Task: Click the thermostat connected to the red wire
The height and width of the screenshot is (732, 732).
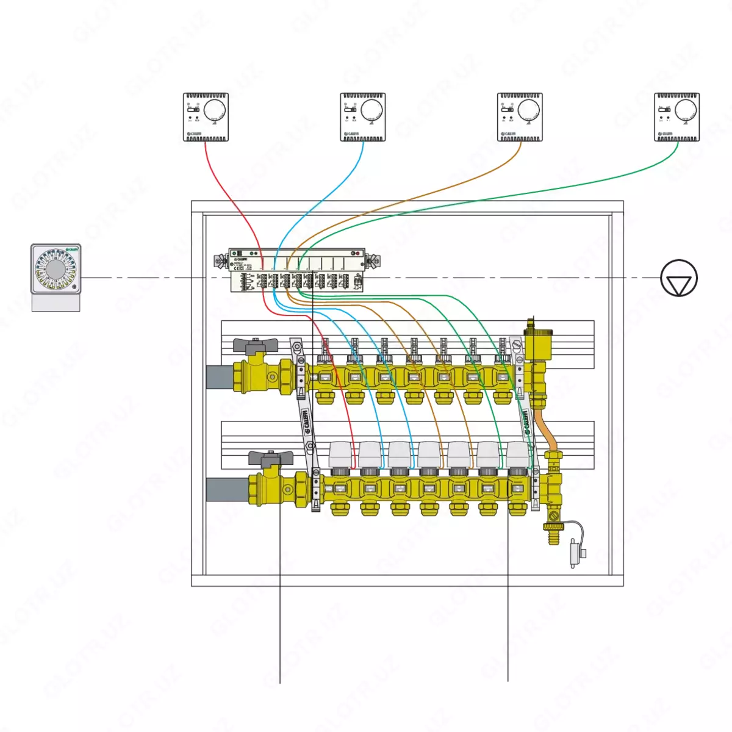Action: point(206,117)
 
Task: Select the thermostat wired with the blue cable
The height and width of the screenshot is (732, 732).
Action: point(363,117)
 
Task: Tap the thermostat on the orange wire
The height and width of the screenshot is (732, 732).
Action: point(520,117)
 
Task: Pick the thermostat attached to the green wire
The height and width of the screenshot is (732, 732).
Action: point(676,117)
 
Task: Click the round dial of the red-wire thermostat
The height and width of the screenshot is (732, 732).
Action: point(214,110)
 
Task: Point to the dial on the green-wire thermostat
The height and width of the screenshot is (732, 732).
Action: point(685,110)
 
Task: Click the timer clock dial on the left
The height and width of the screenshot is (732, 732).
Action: point(56,270)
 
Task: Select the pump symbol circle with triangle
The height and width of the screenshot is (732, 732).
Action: point(678,278)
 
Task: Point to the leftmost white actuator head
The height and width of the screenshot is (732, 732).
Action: point(340,454)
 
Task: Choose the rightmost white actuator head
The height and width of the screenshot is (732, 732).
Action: point(518,454)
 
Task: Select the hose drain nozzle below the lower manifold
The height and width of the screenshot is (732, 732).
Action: point(553,536)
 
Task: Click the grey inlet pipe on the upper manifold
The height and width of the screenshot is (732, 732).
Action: point(218,376)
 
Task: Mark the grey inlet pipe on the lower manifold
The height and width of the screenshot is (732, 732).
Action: point(226,489)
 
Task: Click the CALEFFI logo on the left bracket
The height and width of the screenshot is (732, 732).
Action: point(307,421)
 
